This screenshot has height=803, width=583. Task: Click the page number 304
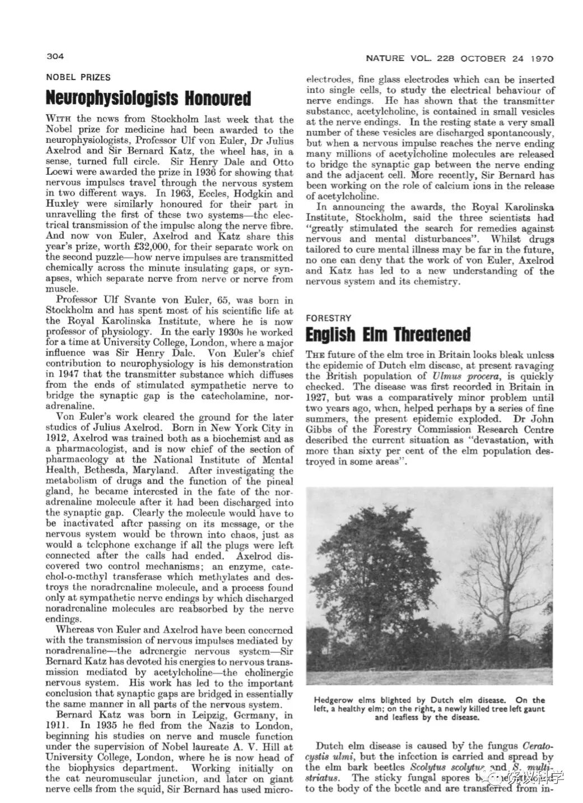point(56,57)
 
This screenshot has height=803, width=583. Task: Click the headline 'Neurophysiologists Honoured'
point(148,99)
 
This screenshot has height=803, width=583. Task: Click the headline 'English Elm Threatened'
point(388,335)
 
